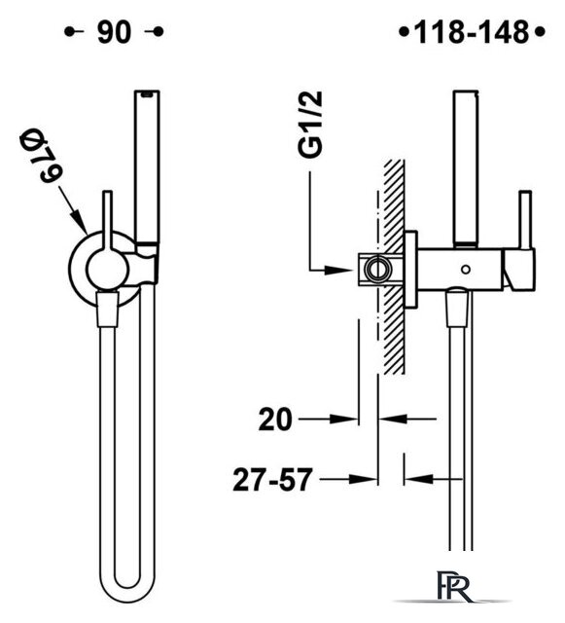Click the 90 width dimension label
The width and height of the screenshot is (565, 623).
pyautogui.click(x=114, y=32)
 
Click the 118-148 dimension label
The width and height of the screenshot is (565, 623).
pyautogui.click(x=472, y=32)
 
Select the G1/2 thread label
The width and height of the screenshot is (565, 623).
pyautogui.click(x=310, y=125)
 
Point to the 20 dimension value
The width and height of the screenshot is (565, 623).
pyautogui.click(x=275, y=420)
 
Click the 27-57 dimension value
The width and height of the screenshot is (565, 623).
pyautogui.click(x=272, y=480)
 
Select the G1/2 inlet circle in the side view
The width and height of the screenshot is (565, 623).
pyautogui.click(x=378, y=270)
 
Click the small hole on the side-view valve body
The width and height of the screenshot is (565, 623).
pyautogui.click(x=466, y=270)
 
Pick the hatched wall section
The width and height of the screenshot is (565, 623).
pyautogui.click(x=394, y=267)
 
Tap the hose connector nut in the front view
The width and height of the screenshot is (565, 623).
pyautogui.click(x=108, y=309)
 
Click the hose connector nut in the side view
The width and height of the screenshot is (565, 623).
pyautogui.click(x=458, y=307)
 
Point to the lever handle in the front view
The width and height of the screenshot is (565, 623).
pyautogui.click(x=108, y=223)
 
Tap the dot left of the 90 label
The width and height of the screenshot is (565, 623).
pyautogui.click(x=69, y=32)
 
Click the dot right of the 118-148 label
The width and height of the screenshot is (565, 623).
pyautogui.click(x=540, y=32)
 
